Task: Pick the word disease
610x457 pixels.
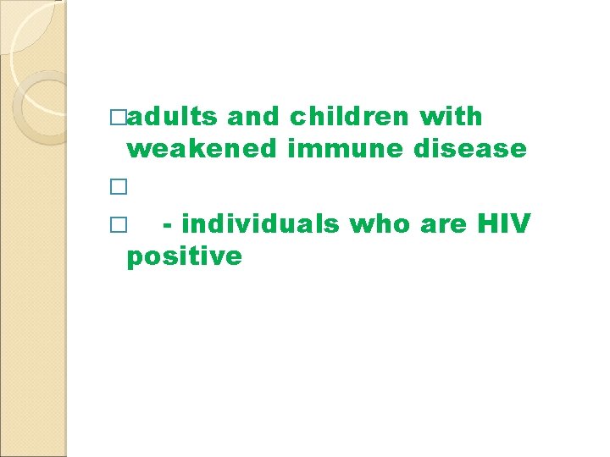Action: pos(470,149)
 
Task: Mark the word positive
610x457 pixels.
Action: pos(184,256)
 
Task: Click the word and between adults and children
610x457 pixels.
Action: pos(258,116)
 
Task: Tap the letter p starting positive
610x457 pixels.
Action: pos(134,258)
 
